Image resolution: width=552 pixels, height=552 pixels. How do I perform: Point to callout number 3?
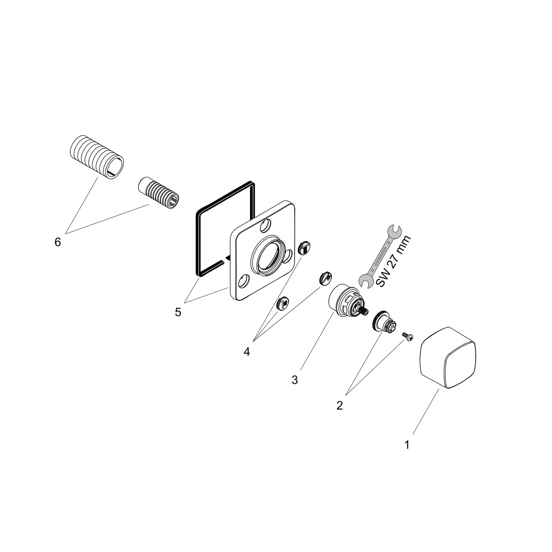point(294,380)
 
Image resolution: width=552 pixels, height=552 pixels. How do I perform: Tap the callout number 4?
point(246,352)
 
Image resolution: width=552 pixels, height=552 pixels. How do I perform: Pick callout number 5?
point(178,312)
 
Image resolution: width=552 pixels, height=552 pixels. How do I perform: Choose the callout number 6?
point(58,242)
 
